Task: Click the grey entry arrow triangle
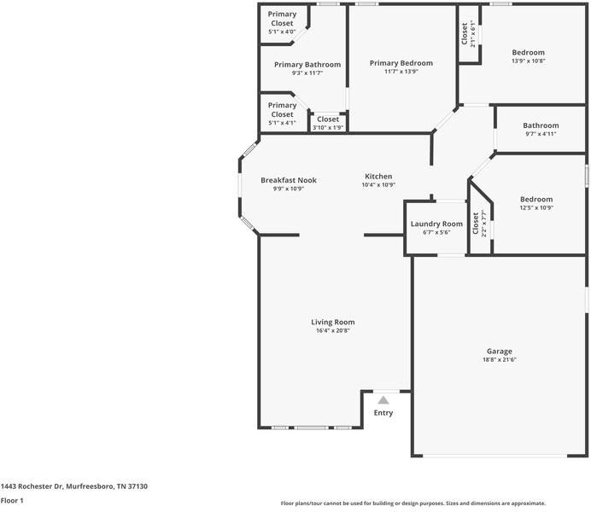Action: [x=383, y=400]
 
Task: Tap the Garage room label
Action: [x=500, y=352]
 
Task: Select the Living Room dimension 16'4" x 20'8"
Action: [x=333, y=330]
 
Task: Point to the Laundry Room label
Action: [x=436, y=224]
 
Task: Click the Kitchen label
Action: [x=378, y=176]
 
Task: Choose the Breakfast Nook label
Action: [x=289, y=180]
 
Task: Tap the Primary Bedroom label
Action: [x=401, y=63]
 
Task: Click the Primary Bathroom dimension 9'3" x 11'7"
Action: [x=307, y=73]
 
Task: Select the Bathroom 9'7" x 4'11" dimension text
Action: [x=541, y=134]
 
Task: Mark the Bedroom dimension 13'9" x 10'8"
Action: [x=529, y=61]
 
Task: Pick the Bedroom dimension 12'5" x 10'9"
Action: [x=536, y=208]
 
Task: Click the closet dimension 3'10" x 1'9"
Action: [x=328, y=128]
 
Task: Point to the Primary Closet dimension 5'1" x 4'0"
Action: [x=282, y=32]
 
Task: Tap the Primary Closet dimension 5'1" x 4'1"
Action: [x=282, y=123]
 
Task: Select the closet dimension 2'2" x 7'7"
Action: [x=484, y=224]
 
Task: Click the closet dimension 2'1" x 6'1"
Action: [x=473, y=34]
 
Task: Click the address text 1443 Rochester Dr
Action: [x=32, y=486]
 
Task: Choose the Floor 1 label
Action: [x=12, y=500]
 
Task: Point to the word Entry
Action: [x=383, y=413]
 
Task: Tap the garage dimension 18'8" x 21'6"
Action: [x=500, y=360]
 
